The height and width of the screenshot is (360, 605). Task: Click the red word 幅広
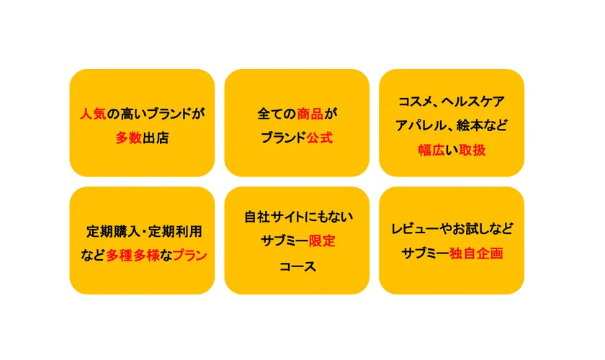431,150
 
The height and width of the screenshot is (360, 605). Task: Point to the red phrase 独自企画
475,253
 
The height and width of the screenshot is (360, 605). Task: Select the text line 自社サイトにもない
297,216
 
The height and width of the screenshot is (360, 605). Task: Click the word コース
297,266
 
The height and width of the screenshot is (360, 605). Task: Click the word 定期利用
174,231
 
